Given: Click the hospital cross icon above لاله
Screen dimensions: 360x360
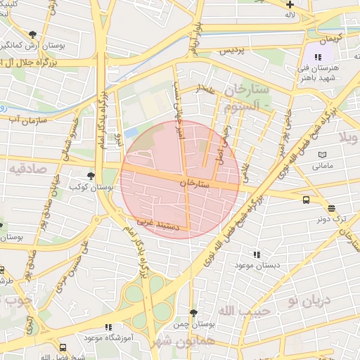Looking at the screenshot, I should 290,4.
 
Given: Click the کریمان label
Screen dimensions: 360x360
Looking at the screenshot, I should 328,37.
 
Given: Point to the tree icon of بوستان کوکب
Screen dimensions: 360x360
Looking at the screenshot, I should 89,176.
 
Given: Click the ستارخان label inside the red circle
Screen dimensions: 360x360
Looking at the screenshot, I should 195,182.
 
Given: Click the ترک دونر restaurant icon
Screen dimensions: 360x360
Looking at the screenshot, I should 331,208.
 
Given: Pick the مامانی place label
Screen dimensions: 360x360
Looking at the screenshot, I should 323,166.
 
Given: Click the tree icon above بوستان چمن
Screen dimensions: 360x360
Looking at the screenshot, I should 193,313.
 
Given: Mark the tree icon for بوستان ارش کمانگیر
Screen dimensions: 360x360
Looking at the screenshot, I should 33,34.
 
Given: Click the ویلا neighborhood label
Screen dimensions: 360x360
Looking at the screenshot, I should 349,136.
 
